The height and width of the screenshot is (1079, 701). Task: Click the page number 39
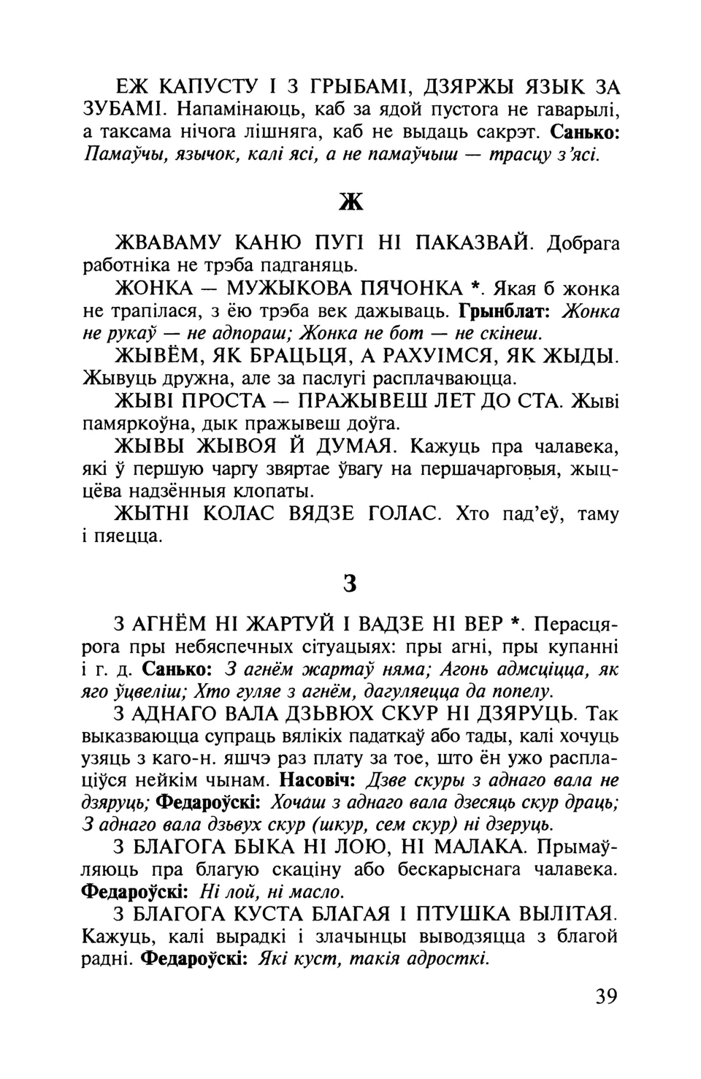click(x=606, y=996)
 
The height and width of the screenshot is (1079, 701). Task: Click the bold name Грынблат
click(x=508, y=312)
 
